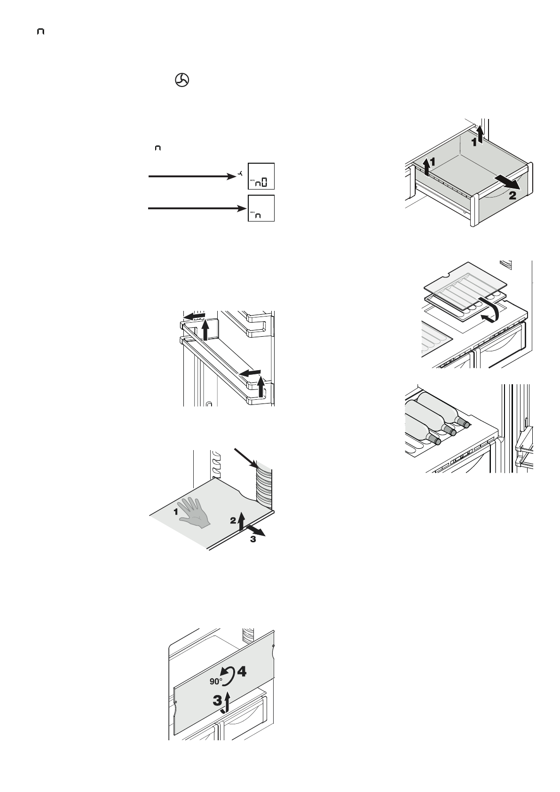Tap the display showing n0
(261, 176)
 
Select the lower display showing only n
(261, 208)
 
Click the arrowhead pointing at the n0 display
(231, 176)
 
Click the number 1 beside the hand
(176, 512)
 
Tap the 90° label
(216, 681)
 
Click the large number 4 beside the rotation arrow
(242, 672)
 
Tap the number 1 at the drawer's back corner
(475, 141)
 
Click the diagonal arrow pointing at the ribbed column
(245, 458)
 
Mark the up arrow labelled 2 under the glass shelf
(241, 521)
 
